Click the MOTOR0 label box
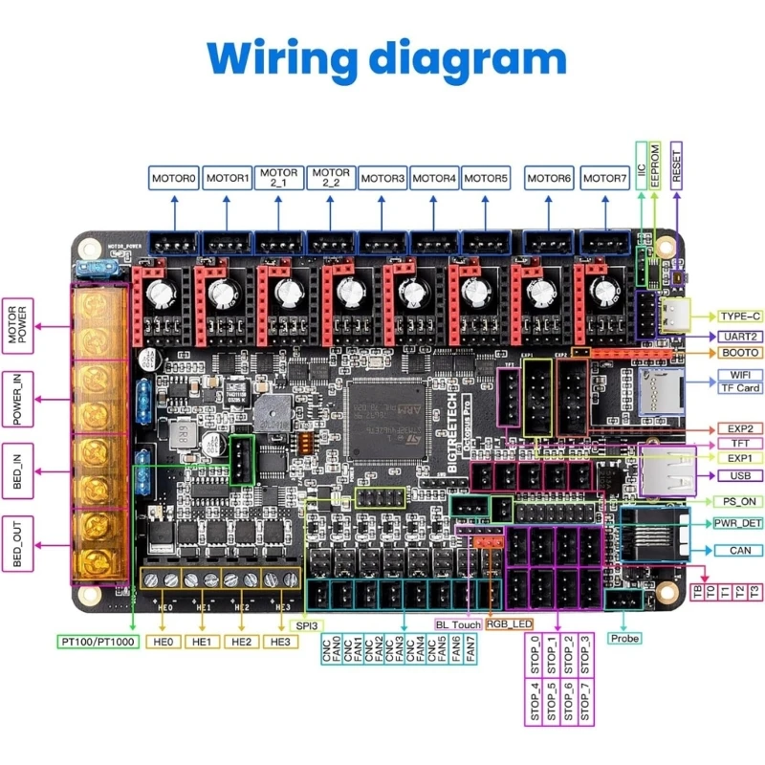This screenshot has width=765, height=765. (x=173, y=178)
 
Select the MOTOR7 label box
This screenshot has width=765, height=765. (x=604, y=178)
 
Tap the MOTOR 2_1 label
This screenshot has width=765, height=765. (x=278, y=178)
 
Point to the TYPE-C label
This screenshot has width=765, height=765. (x=739, y=315)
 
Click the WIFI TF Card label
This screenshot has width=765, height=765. (x=739, y=381)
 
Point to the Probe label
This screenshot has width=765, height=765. (x=624, y=638)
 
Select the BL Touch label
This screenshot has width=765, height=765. (x=457, y=624)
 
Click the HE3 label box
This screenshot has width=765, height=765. (x=279, y=641)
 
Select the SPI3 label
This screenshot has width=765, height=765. (x=306, y=624)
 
